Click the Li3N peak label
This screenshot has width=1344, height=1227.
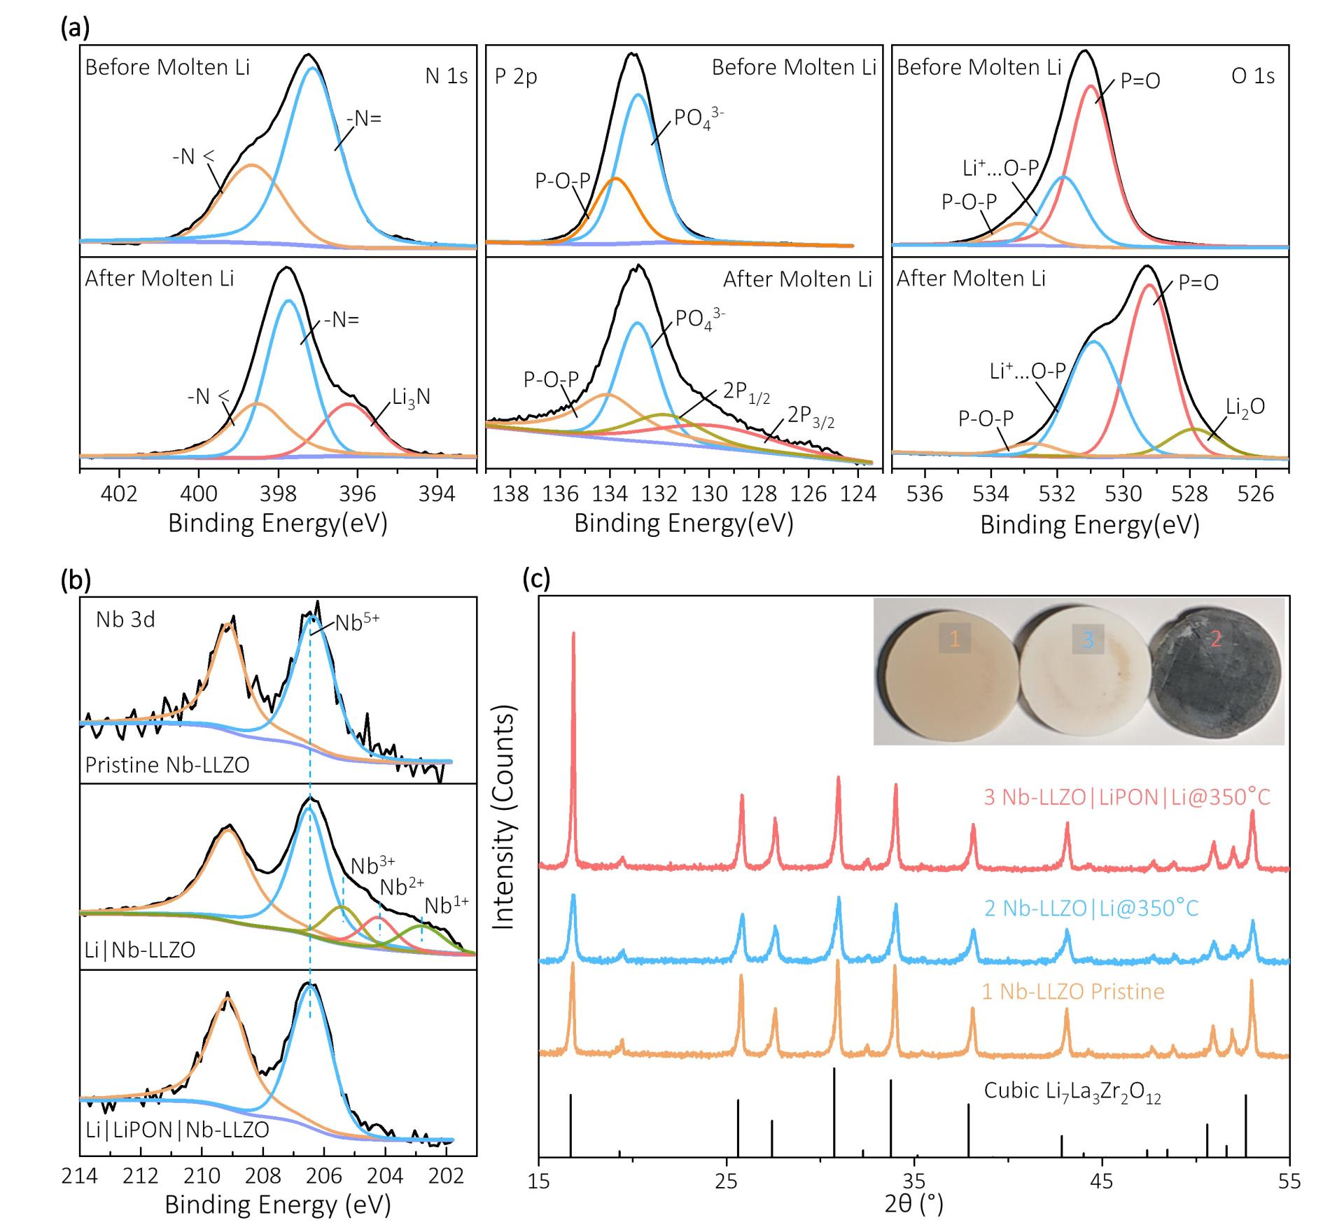411,398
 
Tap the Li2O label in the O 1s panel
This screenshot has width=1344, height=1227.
1245,407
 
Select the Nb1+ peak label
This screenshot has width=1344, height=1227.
446,905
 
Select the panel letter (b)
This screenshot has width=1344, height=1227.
76,580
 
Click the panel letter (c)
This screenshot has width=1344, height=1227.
537,580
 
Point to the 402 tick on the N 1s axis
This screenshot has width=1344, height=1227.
119,494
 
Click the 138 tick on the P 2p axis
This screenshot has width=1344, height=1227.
510,494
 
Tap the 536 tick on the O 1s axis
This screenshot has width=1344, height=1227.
925,494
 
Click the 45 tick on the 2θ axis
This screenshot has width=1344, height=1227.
1102,1182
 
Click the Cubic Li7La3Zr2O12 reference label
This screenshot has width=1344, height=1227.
1072,1092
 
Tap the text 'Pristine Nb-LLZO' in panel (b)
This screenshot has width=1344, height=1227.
167,764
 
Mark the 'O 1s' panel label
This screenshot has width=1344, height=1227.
1252,76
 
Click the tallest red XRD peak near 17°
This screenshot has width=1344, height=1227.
573,634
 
